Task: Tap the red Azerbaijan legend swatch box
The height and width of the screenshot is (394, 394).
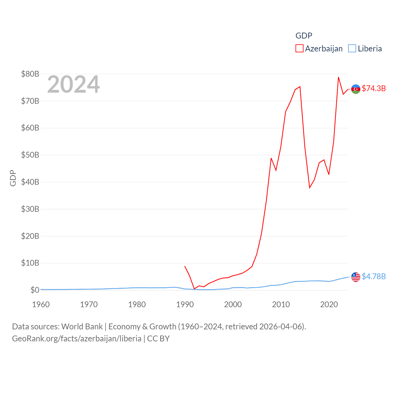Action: pyautogui.click(x=300, y=49)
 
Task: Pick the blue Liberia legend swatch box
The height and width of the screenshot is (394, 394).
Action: pyautogui.click(x=352, y=49)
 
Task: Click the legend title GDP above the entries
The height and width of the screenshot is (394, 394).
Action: pyautogui.click(x=304, y=36)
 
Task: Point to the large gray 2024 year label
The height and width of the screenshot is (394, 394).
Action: pyautogui.click(x=73, y=84)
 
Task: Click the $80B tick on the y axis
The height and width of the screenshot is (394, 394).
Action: pyautogui.click(x=30, y=74)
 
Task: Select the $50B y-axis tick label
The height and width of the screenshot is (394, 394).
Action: pyautogui.click(x=30, y=155)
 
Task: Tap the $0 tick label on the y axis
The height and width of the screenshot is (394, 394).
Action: pyautogui.click(x=35, y=290)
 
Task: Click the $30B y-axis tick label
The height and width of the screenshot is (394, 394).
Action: pyautogui.click(x=30, y=209)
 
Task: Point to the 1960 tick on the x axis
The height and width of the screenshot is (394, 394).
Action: pyautogui.click(x=41, y=304)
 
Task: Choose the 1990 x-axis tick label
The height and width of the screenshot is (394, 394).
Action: pyautogui.click(x=185, y=304)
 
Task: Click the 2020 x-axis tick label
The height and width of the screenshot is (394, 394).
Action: pyautogui.click(x=329, y=304)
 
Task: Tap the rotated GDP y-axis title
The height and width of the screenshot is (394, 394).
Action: pyautogui.click(x=13, y=178)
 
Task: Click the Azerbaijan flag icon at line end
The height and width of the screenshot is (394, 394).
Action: pyautogui.click(x=356, y=89)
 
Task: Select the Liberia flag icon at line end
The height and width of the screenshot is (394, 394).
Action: pyautogui.click(x=356, y=277)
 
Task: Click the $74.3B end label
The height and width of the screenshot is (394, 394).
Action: pyautogui.click(x=374, y=88)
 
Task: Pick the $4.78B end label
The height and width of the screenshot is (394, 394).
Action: pyautogui.click(x=374, y=276)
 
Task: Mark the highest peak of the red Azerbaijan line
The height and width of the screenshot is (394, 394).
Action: pyautogui.click(x=338, y=77)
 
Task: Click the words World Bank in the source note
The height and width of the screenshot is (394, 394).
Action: pyautogui.click(x=82, y=326)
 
